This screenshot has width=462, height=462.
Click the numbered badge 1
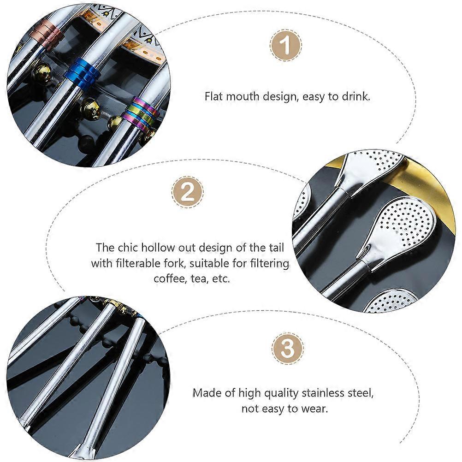pyautogui.click(x=285, y=45)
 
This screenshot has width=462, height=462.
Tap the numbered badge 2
pyautogui.click(x=187, y=193)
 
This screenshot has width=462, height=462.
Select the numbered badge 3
pyautogui.click(x=287, y=349)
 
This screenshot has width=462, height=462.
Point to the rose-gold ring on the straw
pyautogui.click(x=47, y=35)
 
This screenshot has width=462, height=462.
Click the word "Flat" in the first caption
pyautogui.click(x=214, y=96)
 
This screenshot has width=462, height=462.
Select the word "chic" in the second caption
pyautogui.click(x=128, y=248)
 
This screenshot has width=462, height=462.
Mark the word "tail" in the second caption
pyautogui.click(x=277, y=248)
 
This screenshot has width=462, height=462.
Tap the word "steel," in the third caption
pyautogui.click(x=360, y=393)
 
